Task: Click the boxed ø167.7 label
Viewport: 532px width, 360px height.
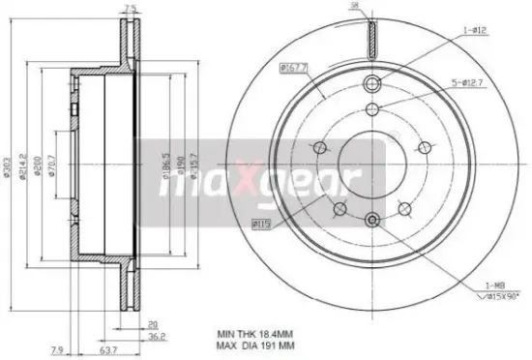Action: click(x=294, y=67)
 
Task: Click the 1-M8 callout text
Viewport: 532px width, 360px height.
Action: click(x=496, y=285)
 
